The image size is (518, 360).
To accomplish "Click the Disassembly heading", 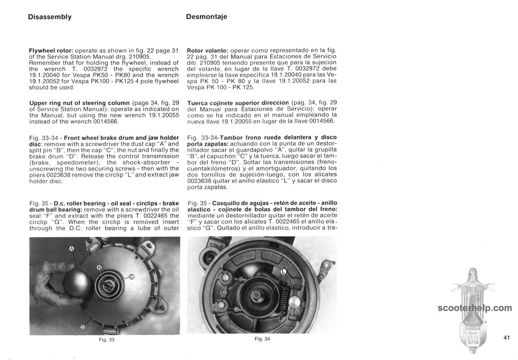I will [x=50, y=17].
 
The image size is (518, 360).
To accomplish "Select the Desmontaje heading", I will [x=207, y=17].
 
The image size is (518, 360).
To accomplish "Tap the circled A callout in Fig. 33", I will [x=71, y=248].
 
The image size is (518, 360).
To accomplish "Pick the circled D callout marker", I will [x=83, y=327].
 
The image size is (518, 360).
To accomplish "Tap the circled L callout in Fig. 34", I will [x=283, y=272].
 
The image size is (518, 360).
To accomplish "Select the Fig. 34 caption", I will [x=262, y=339].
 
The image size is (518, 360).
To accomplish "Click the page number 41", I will [x=507, y=338].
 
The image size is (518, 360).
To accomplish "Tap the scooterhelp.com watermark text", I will [x=474, y=308].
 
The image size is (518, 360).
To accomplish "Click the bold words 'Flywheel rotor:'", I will [x=51, y=50].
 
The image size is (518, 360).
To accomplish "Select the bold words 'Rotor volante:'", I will [x=208, y=50].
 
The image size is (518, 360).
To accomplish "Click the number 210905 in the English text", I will [x=139, y=57].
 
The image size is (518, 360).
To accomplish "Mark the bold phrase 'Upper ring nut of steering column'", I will [x=79, y=103].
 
